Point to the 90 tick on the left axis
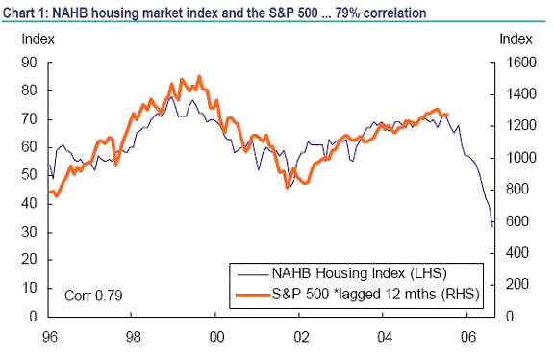point(30,63)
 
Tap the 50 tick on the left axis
point(30,175)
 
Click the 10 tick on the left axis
point(30,289)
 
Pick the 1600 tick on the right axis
point(515,63)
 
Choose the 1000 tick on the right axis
point(515,158)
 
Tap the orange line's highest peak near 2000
point(199,76)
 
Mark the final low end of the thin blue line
point(492,226)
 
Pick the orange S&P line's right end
point(447,115)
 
